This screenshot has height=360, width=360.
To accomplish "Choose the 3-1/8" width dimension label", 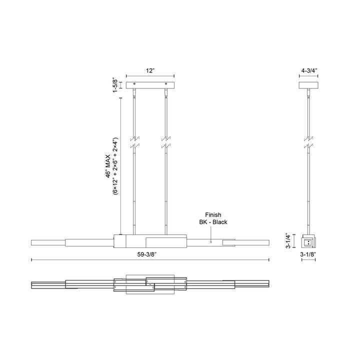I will (x=308, y=254).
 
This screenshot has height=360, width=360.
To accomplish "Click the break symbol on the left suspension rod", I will (x=133, y=142).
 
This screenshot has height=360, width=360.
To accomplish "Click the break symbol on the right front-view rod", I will (x=166, y=142).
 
